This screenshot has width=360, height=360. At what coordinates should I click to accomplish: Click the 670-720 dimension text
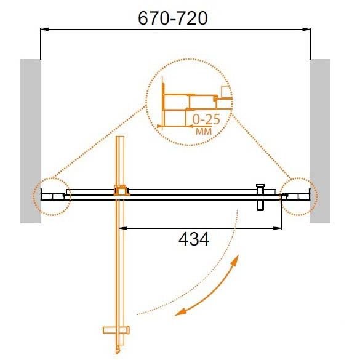click(173, 18)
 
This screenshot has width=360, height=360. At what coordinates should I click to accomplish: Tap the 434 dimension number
click(194, 239)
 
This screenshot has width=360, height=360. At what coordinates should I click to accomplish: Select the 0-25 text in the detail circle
click(206, 119)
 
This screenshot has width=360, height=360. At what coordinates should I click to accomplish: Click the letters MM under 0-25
click(204, 132)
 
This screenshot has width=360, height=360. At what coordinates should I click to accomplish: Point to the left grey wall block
click(31, 141)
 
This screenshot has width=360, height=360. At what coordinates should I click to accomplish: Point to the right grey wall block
click(320, 141)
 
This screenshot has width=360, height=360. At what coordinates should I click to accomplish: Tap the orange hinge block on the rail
click(122, 190)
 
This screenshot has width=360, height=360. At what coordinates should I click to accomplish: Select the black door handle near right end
click(260, 197)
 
